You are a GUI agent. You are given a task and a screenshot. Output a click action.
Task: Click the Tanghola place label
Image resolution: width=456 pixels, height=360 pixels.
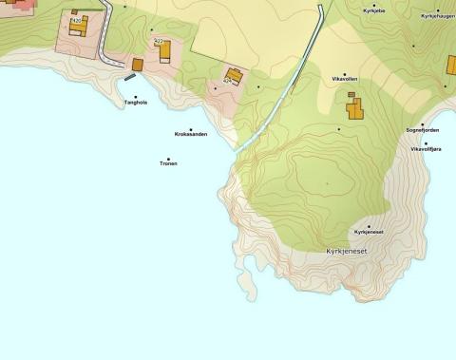(135, 103)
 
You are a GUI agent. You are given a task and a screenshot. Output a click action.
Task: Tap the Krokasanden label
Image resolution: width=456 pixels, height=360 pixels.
(191, 135)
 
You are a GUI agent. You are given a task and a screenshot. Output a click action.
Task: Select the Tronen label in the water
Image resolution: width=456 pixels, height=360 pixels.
(168, 163)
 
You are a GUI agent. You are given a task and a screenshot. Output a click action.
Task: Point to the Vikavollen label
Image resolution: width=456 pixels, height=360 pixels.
(345, 78)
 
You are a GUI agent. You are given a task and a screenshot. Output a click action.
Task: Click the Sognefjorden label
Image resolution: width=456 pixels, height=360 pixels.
(423, 130)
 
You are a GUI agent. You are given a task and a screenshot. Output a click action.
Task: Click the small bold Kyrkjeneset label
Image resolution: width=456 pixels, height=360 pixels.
(369, 232)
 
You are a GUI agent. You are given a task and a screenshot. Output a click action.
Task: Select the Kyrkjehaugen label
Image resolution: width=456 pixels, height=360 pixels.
(437, 16)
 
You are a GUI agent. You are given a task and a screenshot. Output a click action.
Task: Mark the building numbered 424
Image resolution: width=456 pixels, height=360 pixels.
(233, 74)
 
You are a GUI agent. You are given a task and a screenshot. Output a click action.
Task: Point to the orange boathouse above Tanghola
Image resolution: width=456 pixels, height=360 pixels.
(137, 65)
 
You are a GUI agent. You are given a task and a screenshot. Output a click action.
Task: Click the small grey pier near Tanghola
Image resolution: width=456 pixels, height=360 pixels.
(129, 78)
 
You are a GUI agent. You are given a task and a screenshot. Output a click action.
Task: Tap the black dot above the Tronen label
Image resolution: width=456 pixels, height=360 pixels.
(168, 159)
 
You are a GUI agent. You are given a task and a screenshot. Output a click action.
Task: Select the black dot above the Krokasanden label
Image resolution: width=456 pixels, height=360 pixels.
(191, 129)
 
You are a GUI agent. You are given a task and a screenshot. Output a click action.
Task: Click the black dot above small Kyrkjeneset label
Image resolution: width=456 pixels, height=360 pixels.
(369, 226)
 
